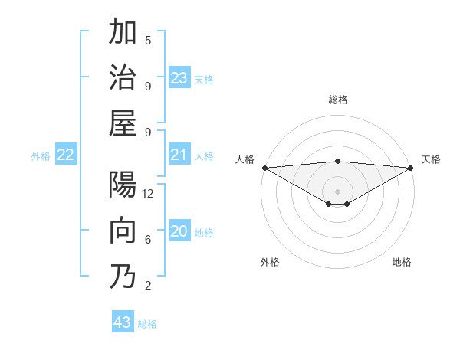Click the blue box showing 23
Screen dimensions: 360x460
click(x=179, y=77)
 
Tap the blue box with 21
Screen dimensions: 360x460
click(x=179, y=155)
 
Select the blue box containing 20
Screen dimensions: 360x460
click(x=179, y=231)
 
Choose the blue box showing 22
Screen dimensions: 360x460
click(x=66, y=155)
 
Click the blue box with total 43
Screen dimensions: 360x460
click(x=123, y=322)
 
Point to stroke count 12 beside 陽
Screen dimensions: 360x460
click(x=148, y=194)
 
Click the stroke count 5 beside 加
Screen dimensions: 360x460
click(x=148, y=41)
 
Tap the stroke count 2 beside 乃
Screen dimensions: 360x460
click(x=148, y=286)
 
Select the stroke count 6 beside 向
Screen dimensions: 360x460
click(x=148, y=240)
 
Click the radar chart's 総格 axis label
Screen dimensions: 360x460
click(x=337, y=100)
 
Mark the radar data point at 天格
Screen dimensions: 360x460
click(x=411, y=168)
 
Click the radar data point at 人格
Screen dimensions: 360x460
click(x=264, y=168)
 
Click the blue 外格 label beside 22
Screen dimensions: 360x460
click(x=41, y=155)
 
